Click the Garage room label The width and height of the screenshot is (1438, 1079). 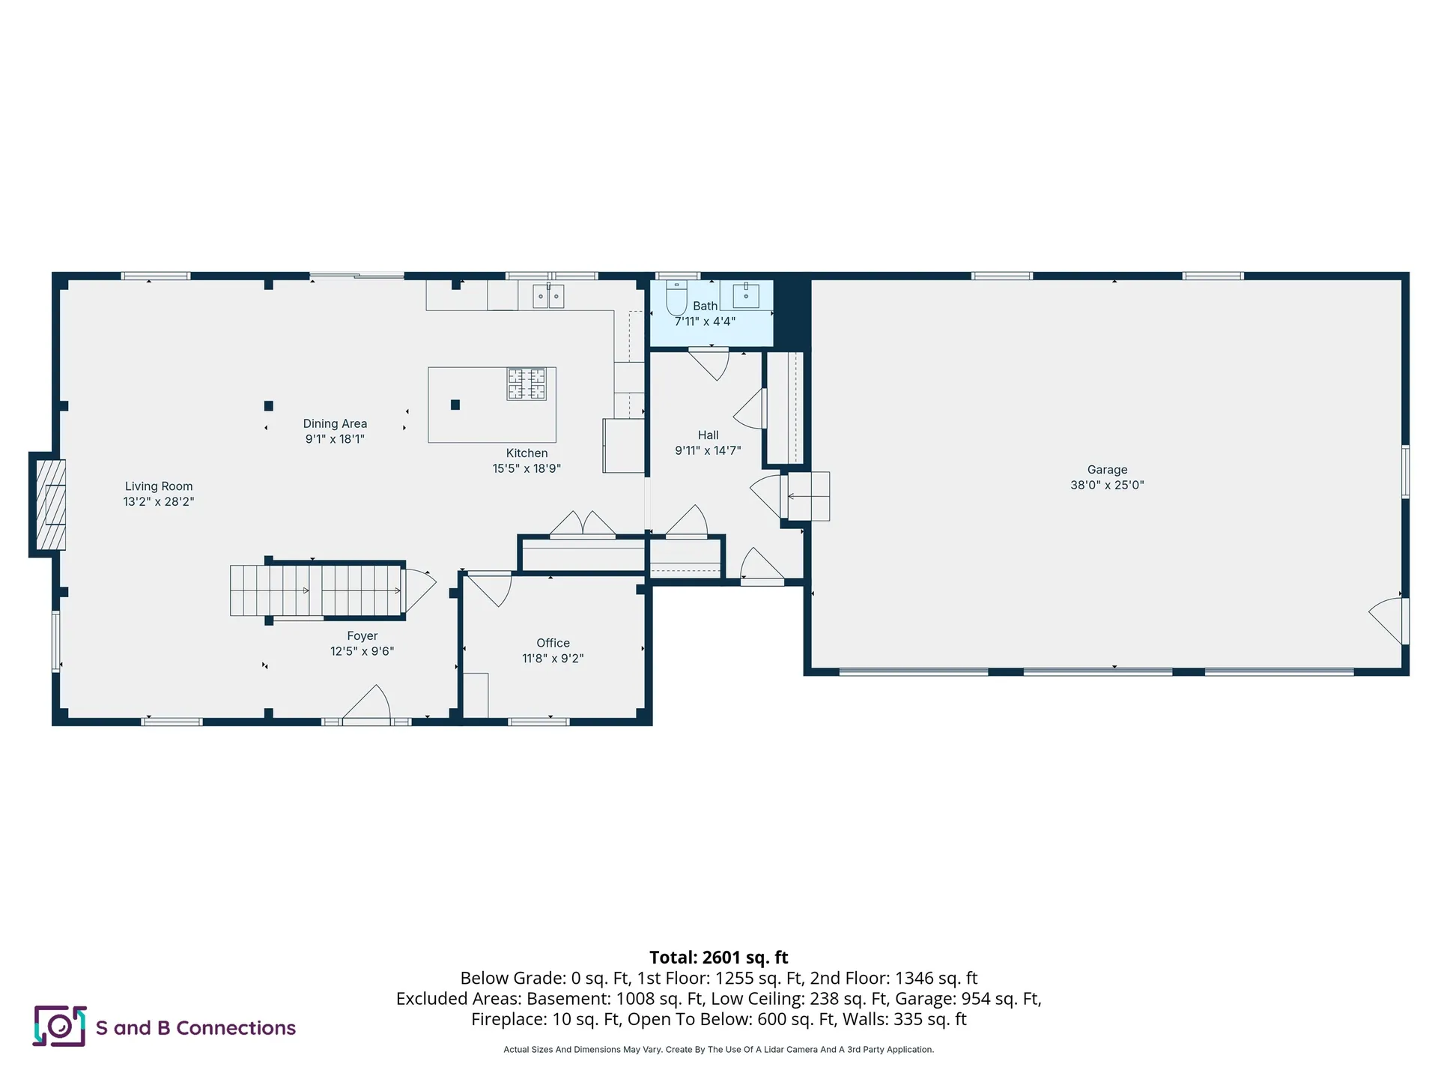(1107, 470)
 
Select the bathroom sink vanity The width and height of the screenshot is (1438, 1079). (746, 295)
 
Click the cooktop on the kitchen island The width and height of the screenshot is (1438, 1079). (527, 384)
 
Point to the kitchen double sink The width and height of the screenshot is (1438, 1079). (548, 296)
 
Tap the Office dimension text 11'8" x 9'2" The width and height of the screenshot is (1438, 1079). (553, 659)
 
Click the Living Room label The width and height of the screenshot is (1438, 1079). (159, 486)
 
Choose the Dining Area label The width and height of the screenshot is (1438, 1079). (335, 423)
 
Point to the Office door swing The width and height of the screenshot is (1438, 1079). (492, 588)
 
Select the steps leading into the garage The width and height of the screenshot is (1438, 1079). (808, 496)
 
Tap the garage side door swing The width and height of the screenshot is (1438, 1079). (1388, 619)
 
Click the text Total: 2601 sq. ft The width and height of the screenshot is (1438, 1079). (718, 958)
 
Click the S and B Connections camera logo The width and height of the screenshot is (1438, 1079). (59, 1026)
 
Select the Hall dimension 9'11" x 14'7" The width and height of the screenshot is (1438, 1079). (708, 450)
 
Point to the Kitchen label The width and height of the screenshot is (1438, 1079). (527, 453)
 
